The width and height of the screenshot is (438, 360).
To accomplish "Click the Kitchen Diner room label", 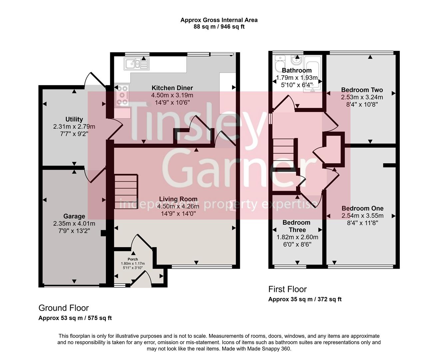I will tap(172, 88).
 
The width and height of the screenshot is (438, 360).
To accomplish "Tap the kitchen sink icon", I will tap(137, 64).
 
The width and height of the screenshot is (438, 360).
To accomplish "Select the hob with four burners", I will tap(122, 95).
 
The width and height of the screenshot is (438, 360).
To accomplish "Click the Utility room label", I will tap(74, 119).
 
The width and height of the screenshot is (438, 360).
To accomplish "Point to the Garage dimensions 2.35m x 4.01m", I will tap(74, 223).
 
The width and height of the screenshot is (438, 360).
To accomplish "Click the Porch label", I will tap(133, 259).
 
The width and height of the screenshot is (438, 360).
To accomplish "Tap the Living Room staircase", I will tap(126, 191).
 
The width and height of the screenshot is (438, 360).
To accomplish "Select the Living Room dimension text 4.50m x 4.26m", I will tap(178, 206).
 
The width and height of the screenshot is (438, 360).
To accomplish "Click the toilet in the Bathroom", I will tap(279, 63).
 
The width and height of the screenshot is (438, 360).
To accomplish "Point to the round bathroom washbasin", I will tap(295, 60).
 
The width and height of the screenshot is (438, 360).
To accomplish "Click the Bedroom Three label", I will tap(296, 226).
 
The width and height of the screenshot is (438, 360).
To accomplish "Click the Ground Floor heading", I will tap(64, 308).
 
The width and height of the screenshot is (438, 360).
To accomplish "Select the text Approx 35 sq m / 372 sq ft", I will tap(305, 299).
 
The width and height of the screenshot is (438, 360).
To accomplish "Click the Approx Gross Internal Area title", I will tap(219, 20).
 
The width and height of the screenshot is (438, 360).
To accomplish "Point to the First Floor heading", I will tap(287, 289).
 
